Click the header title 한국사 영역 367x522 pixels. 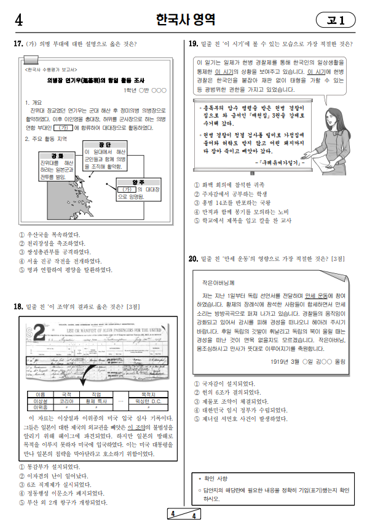pos(184,20)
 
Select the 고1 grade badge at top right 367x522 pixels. pos(336,20)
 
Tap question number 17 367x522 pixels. pos(18,44)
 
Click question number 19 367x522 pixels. pos(192,44)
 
